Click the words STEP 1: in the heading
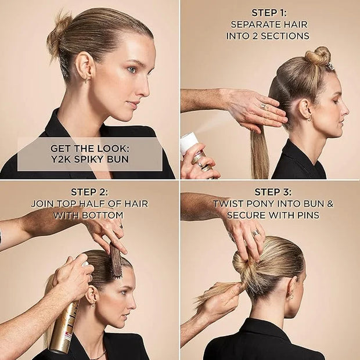point(269,13)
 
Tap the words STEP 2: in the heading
point(89,192)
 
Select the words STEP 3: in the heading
point(273,192)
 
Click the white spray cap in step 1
point(189,143)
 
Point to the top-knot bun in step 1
point(318,56)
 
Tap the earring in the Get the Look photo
point(86,80)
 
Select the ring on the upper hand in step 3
point(257,232)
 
